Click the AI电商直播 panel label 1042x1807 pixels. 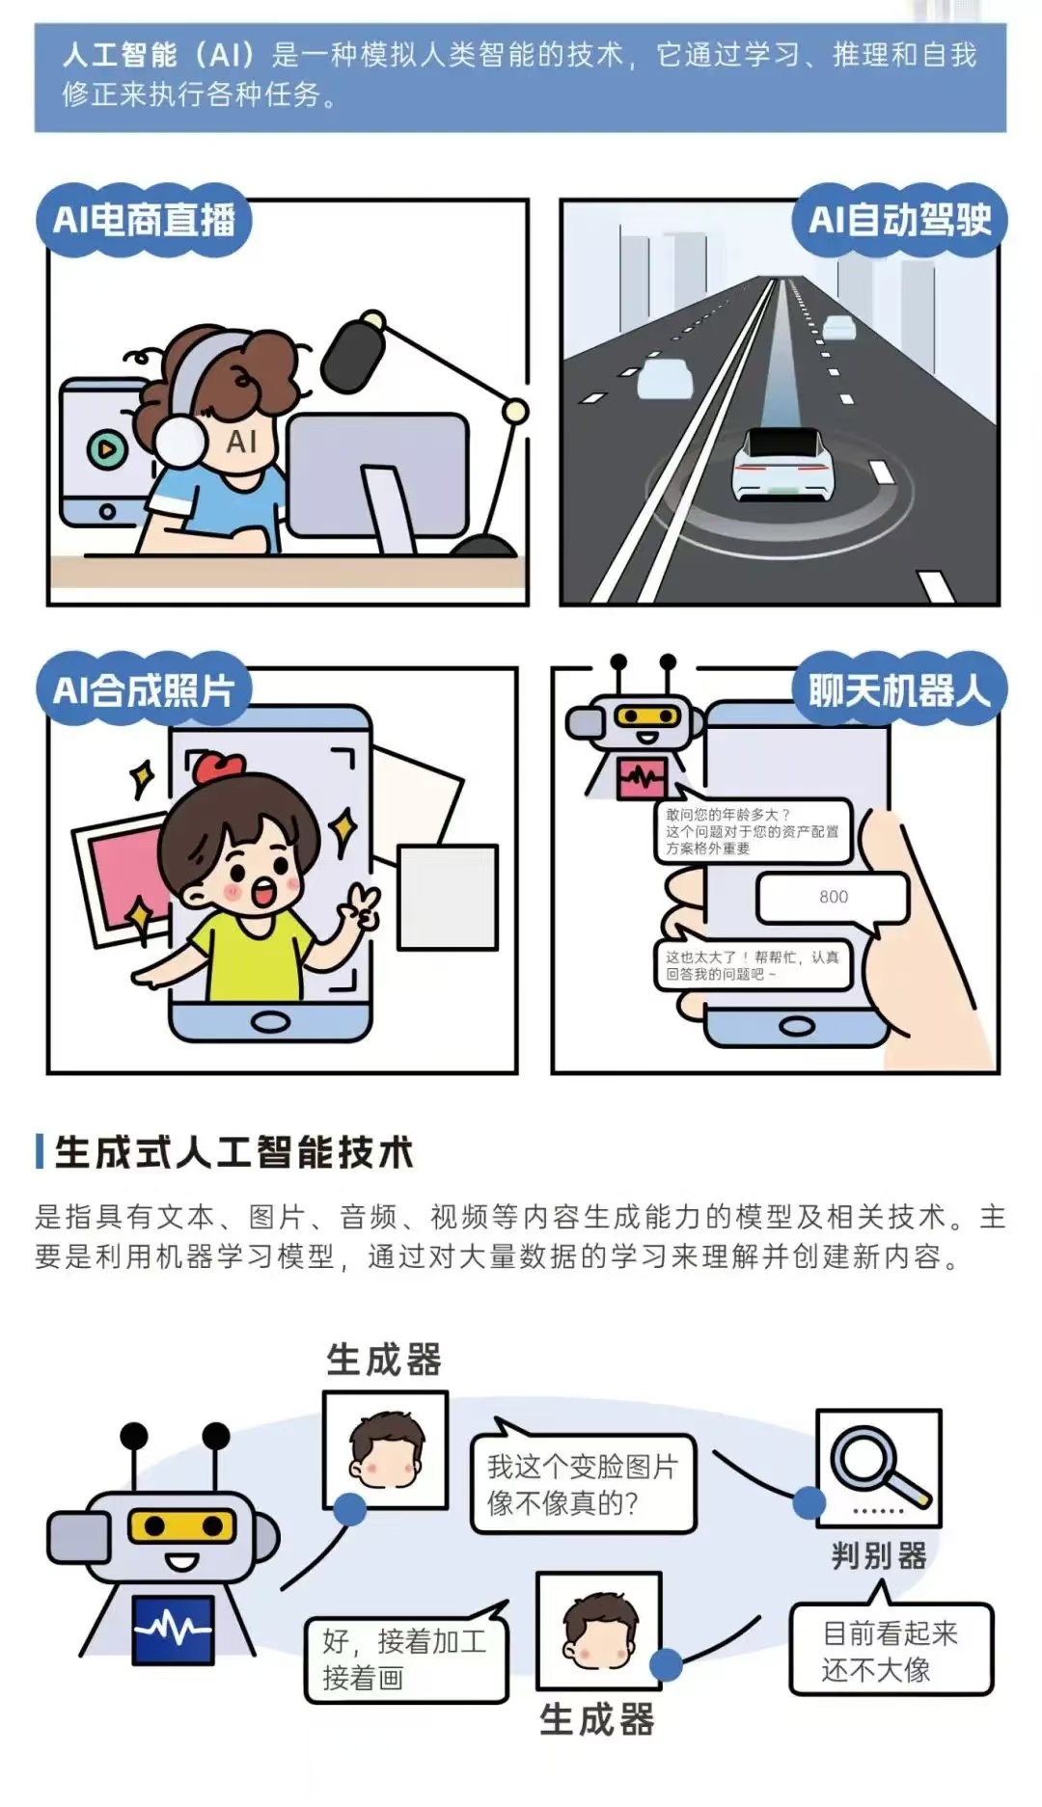point(144,220)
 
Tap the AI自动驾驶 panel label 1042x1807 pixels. point(899,220)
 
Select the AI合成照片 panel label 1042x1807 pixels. point(144,690)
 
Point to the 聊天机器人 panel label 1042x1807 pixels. point(899,690)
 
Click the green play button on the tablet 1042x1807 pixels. point(106,448)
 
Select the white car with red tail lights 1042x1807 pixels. point(781,463)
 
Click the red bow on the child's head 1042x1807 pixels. point(218,768)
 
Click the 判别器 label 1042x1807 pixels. point(879,1555)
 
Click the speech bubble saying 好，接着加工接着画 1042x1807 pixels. point(406,1658)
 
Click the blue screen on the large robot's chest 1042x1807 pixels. point(173,1630)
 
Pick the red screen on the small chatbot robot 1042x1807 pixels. point(643,777)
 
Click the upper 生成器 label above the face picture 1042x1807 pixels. point(383,1360)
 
